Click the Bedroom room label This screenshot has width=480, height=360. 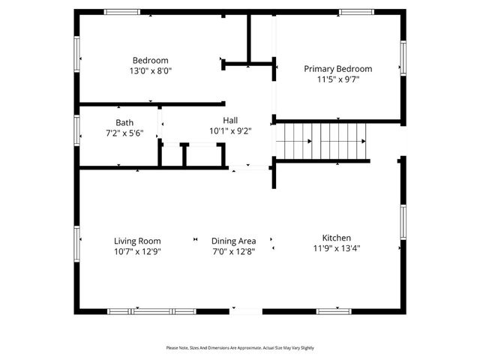[150, 61]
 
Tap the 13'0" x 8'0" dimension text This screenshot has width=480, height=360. [150, 71]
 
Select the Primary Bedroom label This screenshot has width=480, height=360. [337, 69]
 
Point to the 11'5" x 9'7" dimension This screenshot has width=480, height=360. [337, 79]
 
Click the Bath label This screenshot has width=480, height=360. [124, 122]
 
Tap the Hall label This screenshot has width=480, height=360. [230, 120]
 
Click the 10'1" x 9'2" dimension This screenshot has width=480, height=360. [230, 130]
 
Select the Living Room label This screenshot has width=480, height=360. [137, 241]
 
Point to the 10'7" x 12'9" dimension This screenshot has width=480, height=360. [137, 251]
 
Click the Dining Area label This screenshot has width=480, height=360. [233, 241]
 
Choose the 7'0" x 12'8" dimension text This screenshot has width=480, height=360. [233, 251]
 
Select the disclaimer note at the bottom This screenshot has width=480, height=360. [240, 348]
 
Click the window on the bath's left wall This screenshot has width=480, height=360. [76, 130]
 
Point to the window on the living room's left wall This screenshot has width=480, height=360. [76, 244]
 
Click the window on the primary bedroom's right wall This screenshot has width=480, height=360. [403, 58]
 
